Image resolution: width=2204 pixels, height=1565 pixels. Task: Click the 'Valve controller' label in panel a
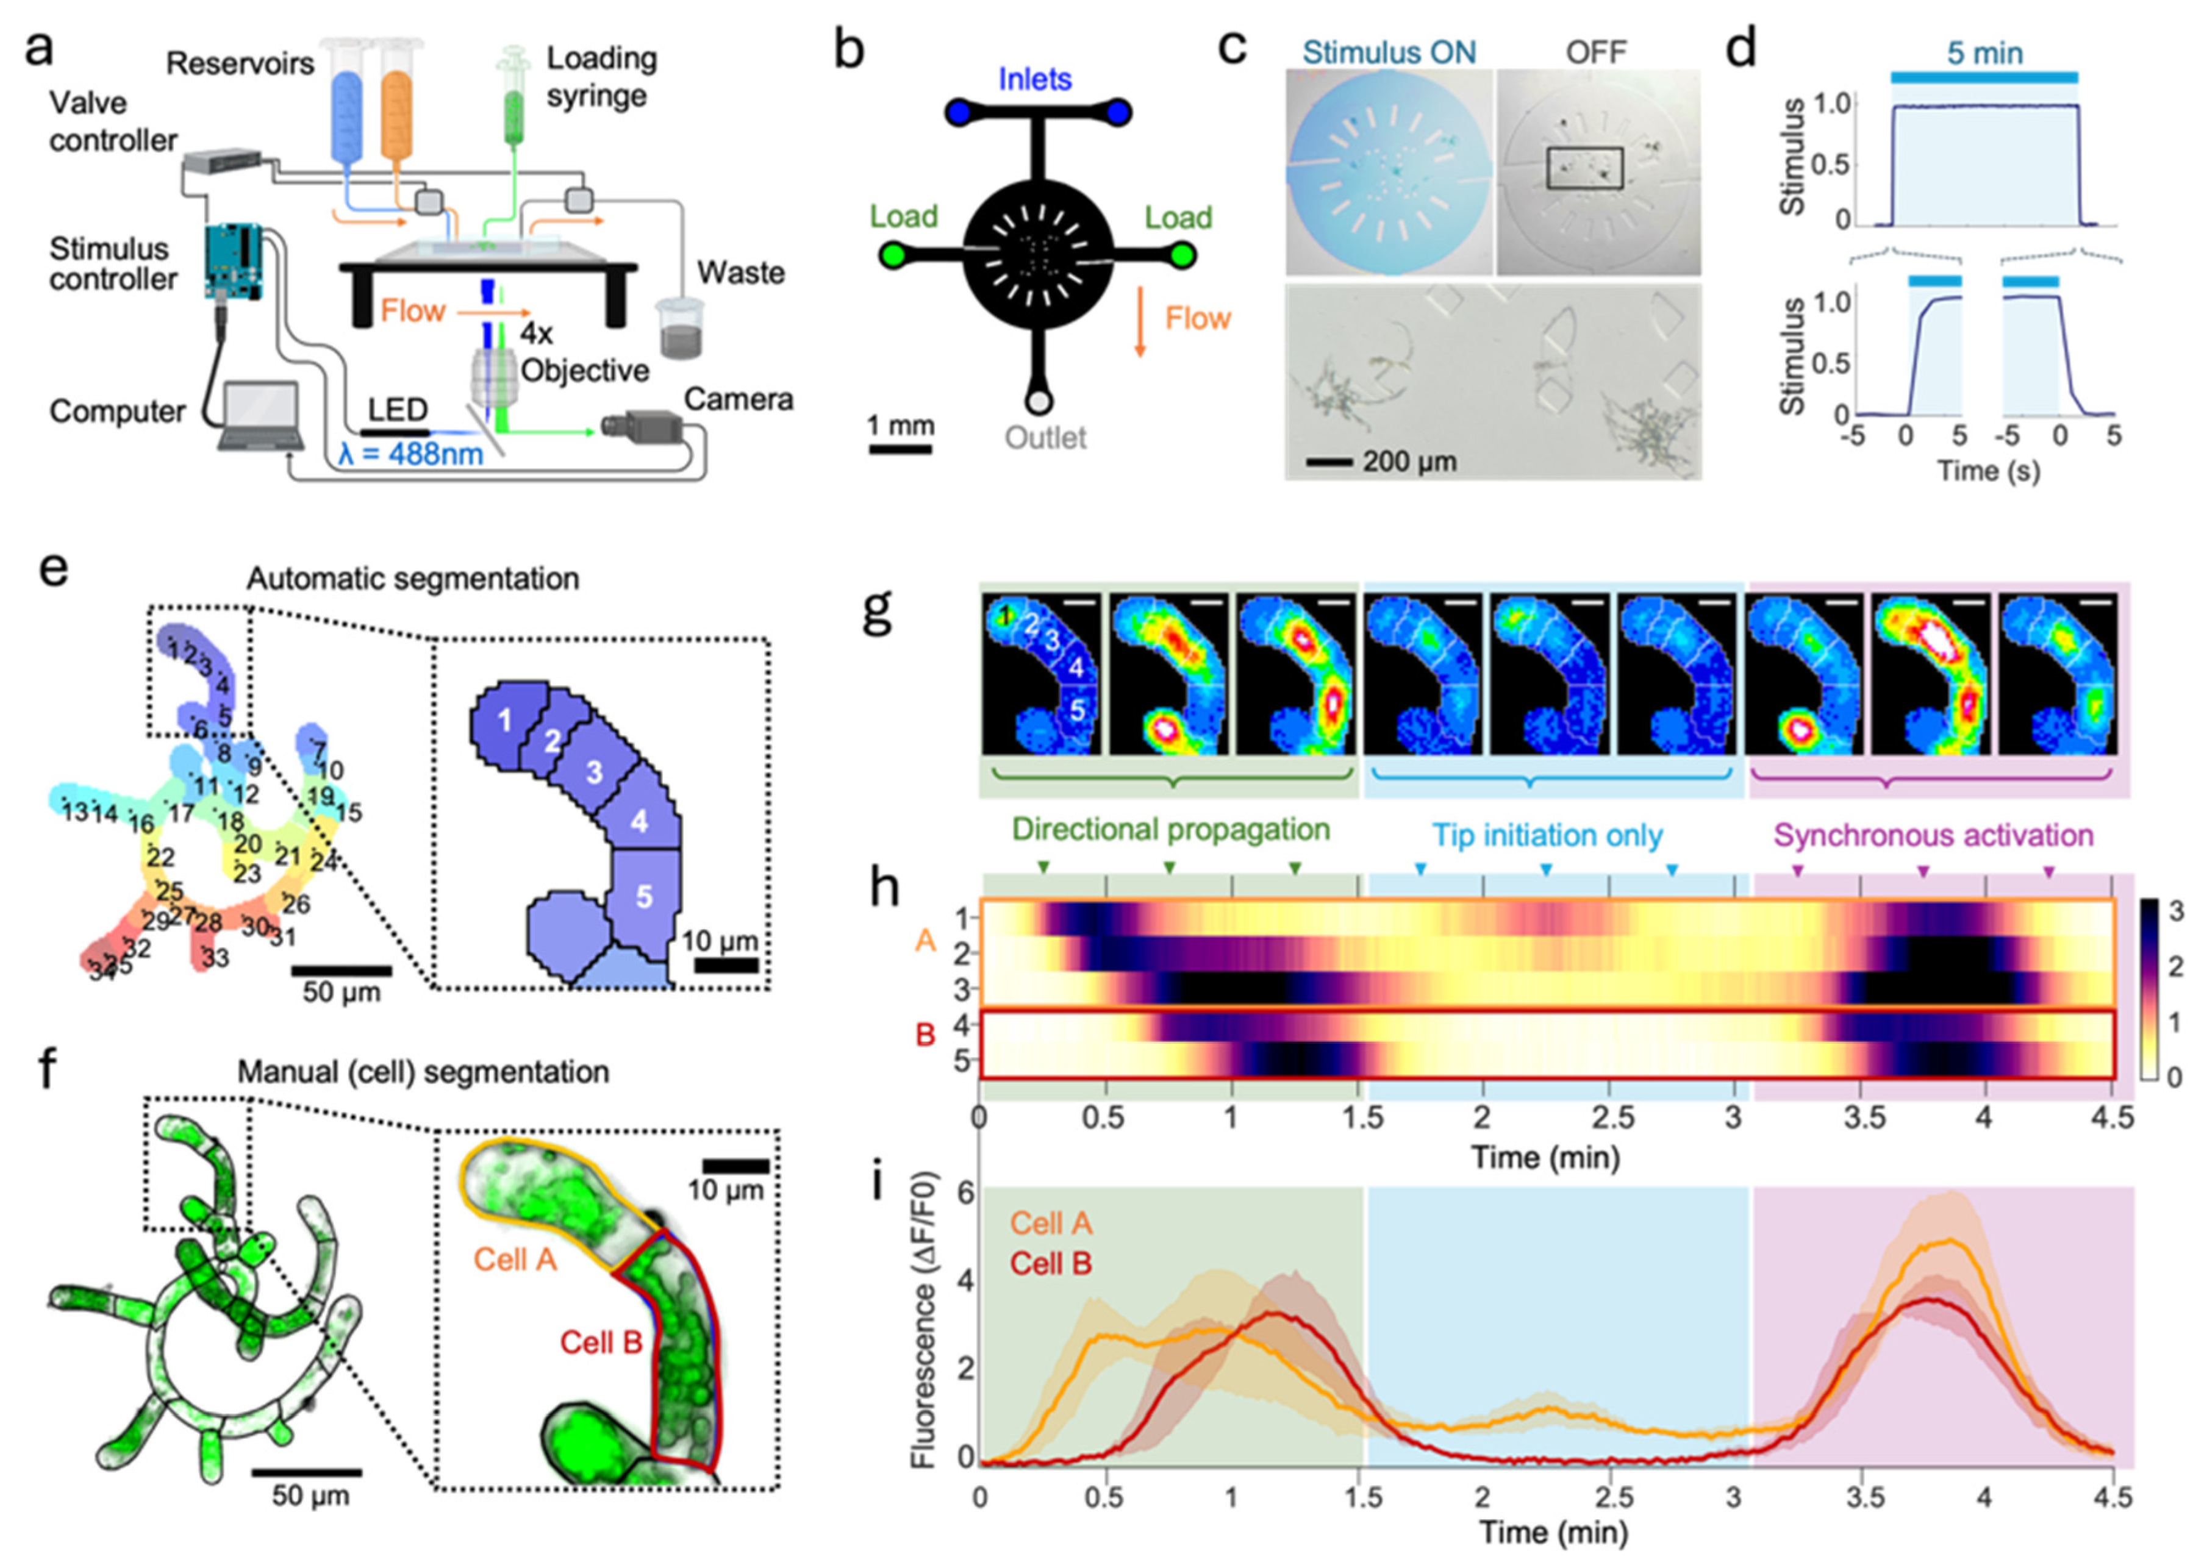[x=113, y=121]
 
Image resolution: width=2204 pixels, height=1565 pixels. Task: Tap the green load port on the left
[x=892, y=255]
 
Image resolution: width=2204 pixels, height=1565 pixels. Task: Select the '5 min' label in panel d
[x=1984, y=53]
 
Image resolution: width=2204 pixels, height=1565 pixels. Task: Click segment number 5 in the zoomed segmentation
[x=644, y=897]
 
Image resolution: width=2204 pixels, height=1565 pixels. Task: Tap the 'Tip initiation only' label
[x=1547, y=835]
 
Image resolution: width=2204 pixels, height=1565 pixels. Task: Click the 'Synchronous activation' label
[x=1933, y=835]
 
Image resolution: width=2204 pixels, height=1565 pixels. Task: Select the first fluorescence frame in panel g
[x=1041, y=674]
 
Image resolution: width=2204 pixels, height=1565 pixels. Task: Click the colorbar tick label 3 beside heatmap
[x=2175, y=911]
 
